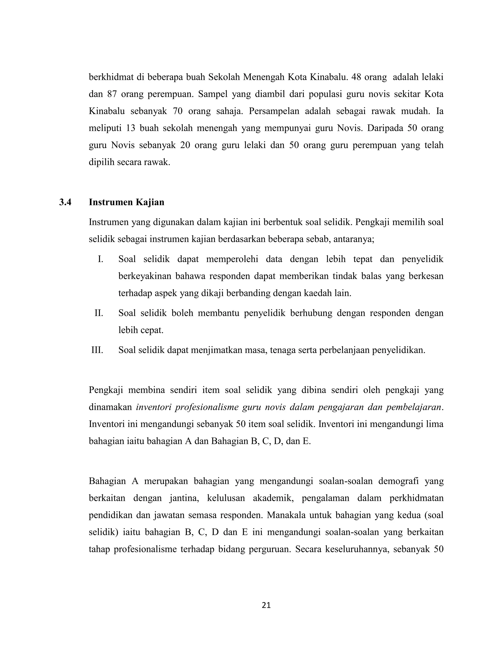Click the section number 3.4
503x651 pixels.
(x=65, y=202)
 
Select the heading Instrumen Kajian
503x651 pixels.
(x=126, y=202)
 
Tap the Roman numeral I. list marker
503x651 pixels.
(x=100, y=259)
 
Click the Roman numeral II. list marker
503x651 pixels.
(x=99, y=313)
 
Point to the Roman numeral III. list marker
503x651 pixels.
(x=97, y=350)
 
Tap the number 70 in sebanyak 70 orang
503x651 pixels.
(x=178, y=111)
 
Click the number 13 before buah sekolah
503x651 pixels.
(x=130, y=128)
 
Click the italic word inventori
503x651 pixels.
(x=153, y=407)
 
